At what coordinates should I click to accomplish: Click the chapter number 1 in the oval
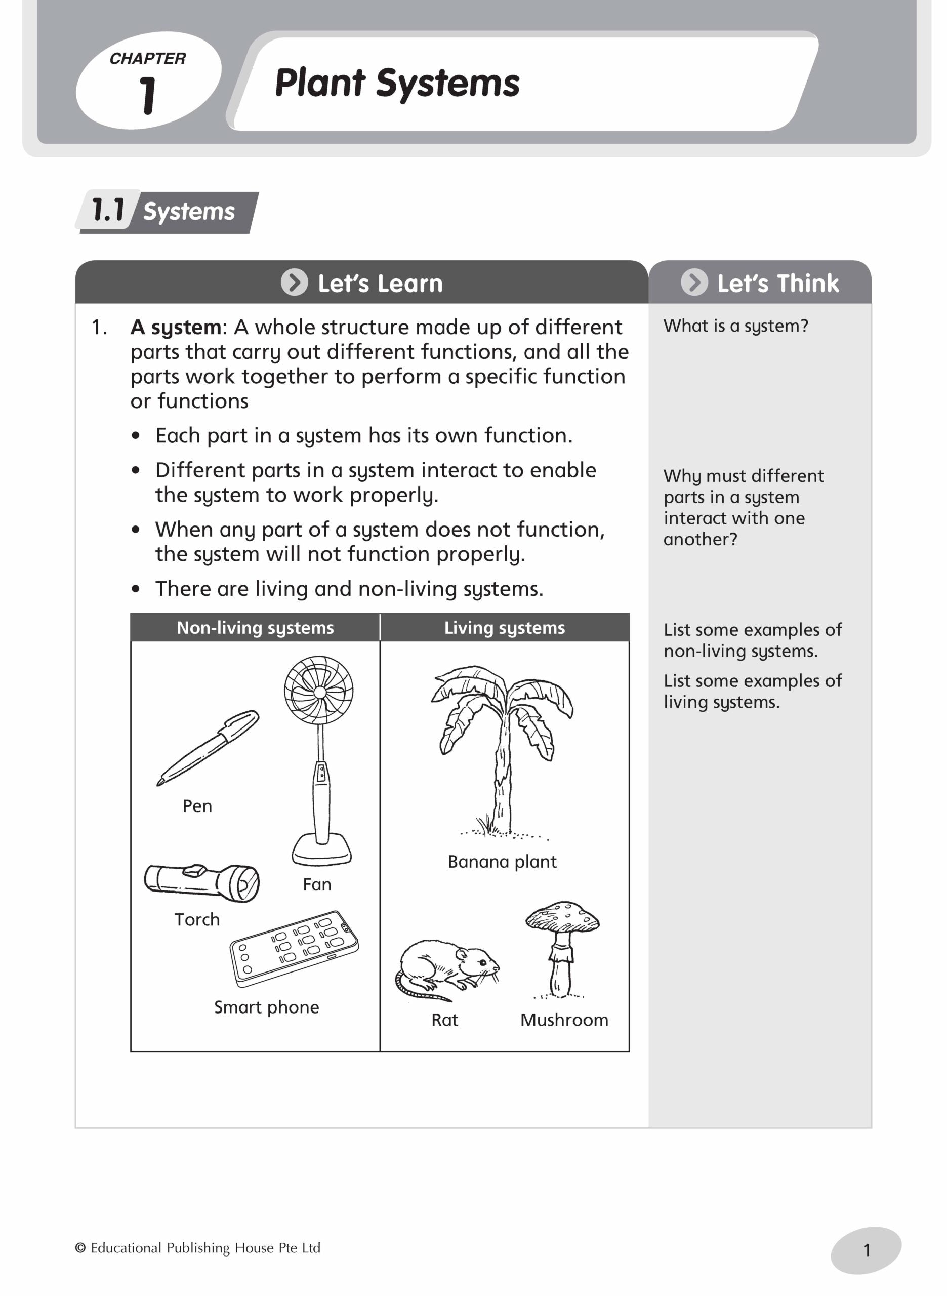click(x=148, y=95)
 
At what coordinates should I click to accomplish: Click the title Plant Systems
click(x=397, y=84)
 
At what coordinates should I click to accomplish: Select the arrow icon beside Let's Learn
click(x=294, y=282)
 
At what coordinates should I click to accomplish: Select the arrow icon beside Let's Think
click(x=693, y=282)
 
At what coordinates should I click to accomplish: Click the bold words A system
click(x=176, y=328)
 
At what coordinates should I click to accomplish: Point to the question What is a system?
click(x=735, y=326)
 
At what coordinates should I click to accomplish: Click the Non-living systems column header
click(x=255, y=628)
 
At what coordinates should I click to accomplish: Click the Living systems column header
click(x=505, y=628)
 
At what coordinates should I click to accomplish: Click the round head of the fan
click(x=319, y=691)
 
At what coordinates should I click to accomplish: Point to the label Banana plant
click(x=502, y=862)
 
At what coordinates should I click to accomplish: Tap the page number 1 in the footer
click(x=866, y=1249)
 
